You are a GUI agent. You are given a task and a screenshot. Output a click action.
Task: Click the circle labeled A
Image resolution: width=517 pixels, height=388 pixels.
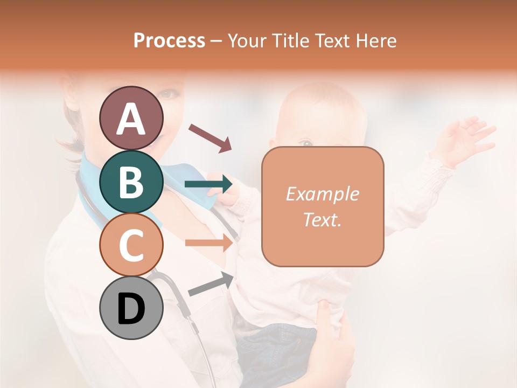point(131,119)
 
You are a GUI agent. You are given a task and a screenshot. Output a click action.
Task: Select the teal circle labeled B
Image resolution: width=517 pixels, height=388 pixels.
point(131,182)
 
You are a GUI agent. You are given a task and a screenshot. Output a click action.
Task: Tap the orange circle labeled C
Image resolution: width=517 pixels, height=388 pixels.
point(131,245)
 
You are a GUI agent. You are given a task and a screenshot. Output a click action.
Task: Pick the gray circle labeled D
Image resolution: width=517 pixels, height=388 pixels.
point(131,308)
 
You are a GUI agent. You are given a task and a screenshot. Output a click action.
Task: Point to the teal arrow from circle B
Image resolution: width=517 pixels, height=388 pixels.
point(208,184)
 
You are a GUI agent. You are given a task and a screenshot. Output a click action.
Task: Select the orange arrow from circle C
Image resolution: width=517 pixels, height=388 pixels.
point(208,243)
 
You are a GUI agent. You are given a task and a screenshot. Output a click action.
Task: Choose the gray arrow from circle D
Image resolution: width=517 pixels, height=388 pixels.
point(211,284)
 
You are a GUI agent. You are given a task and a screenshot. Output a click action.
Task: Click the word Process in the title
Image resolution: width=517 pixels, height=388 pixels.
point(169,40)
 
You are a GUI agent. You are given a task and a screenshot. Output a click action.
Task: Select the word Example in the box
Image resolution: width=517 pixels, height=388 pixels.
point(322,194)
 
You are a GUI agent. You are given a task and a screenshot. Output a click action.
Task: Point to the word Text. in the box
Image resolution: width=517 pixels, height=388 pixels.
point(322,219)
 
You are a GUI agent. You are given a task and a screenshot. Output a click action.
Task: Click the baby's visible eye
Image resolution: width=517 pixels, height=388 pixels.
point(306,143)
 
